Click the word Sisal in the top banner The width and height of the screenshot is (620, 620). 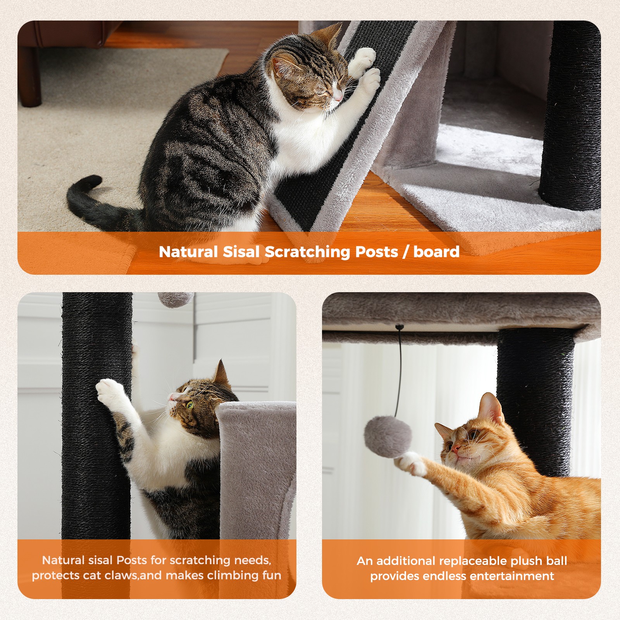click(241, 252)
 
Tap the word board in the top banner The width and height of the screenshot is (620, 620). click(436, 252)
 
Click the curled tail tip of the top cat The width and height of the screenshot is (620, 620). click(92, 181)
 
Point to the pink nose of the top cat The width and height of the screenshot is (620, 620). click(339, 97)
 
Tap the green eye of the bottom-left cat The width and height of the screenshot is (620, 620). click(190, 405)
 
